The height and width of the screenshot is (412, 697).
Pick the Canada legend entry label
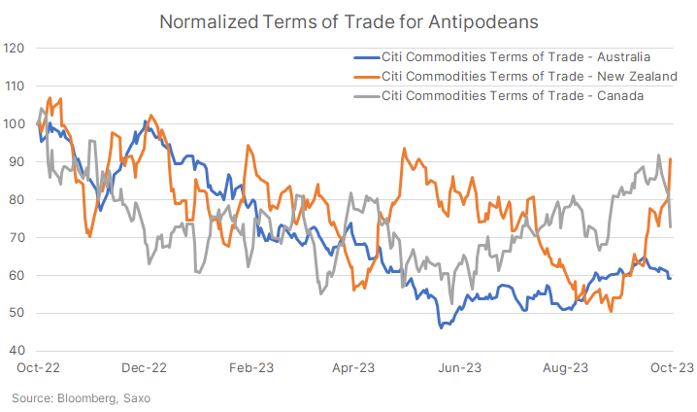[514, 94]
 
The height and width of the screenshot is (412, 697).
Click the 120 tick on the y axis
[16, 48]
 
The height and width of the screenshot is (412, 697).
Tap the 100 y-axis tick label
[16, 123]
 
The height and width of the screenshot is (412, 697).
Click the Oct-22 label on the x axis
[38, 368]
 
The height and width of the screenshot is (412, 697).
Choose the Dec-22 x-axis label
[145, 368]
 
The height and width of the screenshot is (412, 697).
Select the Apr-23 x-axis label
[354, 368]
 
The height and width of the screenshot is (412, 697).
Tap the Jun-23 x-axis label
[460, 368]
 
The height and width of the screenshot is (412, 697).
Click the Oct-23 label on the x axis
[670, 368]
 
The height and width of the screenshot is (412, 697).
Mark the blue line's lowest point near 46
[441, 327]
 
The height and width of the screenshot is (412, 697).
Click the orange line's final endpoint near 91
[671, 158]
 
